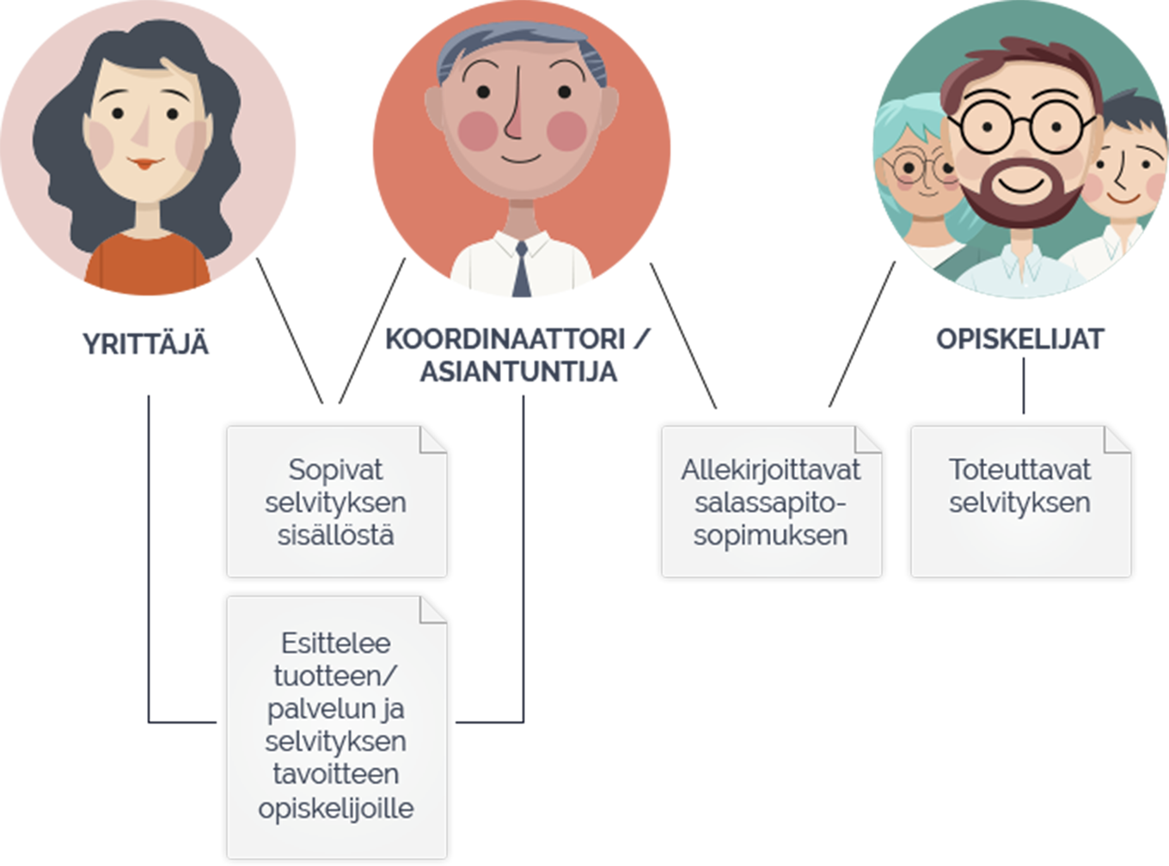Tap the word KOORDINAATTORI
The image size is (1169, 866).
coord(505,338)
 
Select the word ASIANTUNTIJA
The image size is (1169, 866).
coord(518,371)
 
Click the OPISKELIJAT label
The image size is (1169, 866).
coord(1019,338)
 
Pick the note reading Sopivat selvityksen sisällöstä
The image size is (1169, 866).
coord(337,502)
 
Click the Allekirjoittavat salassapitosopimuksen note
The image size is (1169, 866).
coord(772,502)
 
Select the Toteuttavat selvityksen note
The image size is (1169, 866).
coord(1021,502)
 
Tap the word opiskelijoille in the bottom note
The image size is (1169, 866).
coord(336,809)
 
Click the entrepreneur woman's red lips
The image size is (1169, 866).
coord(145,163)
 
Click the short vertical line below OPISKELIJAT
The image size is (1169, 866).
coord(1024,386)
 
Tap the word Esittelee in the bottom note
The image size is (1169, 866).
coord(336,643)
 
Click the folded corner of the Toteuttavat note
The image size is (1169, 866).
coord(1117,439)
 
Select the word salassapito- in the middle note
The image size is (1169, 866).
coord(770,503)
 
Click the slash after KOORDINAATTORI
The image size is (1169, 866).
coord(642,338)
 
